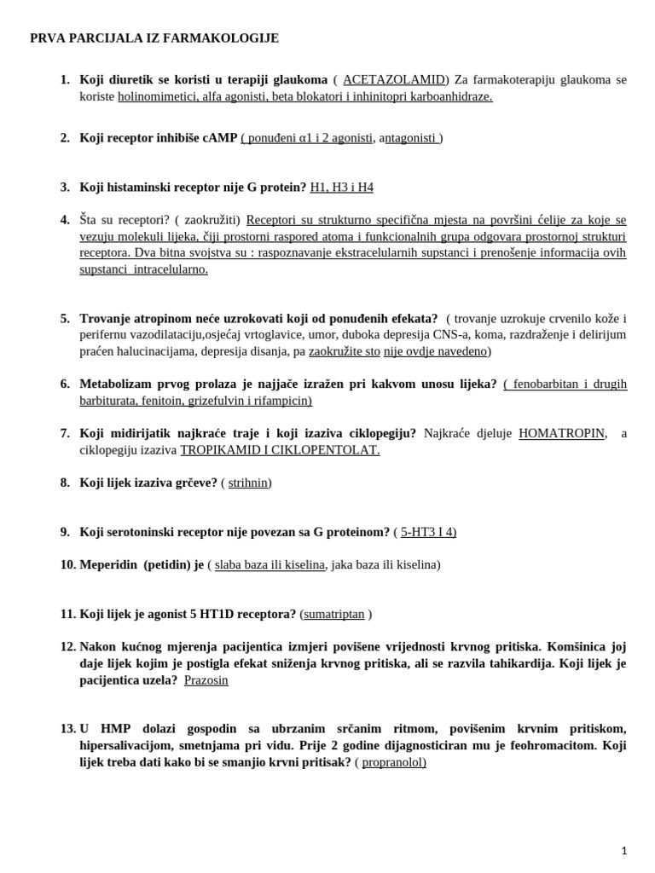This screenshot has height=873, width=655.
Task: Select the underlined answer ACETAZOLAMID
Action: point(393,79)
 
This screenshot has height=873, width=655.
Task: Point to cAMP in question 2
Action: point(218,137)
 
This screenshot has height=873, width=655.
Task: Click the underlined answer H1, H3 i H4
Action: point(341,187)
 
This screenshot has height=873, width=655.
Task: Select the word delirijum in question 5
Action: point(601,334)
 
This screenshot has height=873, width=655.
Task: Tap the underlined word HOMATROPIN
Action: point(562,433)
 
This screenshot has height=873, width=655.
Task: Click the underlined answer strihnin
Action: point(247,483)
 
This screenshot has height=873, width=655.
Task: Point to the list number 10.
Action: point(68,564)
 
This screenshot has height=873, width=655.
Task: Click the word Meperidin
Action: point(108,564)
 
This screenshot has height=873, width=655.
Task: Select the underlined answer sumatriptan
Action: point(333,614)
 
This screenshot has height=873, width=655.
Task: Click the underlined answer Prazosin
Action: point(206,680)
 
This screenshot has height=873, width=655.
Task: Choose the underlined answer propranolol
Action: point(393,762)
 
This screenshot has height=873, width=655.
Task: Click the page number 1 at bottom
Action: point(624,850)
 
